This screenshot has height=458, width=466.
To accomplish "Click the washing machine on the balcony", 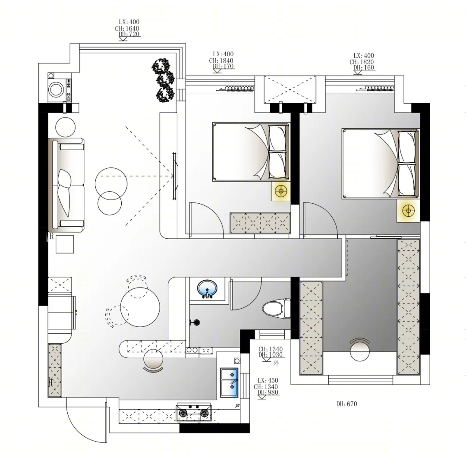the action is pyautogui.click(x=57, y=88).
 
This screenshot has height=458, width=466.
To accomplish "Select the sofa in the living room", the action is pyautogui.click(x=66, y=184).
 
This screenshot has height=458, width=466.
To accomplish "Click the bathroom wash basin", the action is pyautogui.click(x=207, y=288).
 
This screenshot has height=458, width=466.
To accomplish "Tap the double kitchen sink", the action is pyautogui.click(x=230, y=382).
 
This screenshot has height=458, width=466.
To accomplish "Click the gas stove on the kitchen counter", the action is pyautogui.click(x=194, y=412).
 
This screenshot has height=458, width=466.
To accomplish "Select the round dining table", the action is pyautogui.click(x=140, y=307).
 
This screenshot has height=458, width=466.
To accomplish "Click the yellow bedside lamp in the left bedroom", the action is pyautogui.click(x=281, y=191).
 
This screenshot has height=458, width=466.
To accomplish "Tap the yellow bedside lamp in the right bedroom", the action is pyautogui.click(x=408, y=211).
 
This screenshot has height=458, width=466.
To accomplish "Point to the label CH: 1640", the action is pyautogui.click(x=127, y=28).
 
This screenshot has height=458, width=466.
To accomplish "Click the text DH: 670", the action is pyautogui.click(x=347, y=404).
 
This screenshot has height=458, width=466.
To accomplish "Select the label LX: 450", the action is pyautogui.click(x=268, y=380).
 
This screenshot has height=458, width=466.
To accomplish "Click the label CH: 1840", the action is pyautogui.click(x=221, y=61).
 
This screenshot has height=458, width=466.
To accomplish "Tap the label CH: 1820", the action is pyautogui.click(x=362, y=62).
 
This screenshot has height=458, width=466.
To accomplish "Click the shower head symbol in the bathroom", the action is pyautogui.click(x=195, y=322).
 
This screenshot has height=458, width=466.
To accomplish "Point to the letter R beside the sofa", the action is pyautogui.click(x=52, y=237).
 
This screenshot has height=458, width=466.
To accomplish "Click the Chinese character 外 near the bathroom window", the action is pyautogui.click(x=277, y=363).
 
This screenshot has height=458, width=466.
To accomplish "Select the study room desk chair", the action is pyautogui.click(x=359, y=350).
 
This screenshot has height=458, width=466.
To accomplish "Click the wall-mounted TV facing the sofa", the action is pyautogui.click(x=175, y=175).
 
